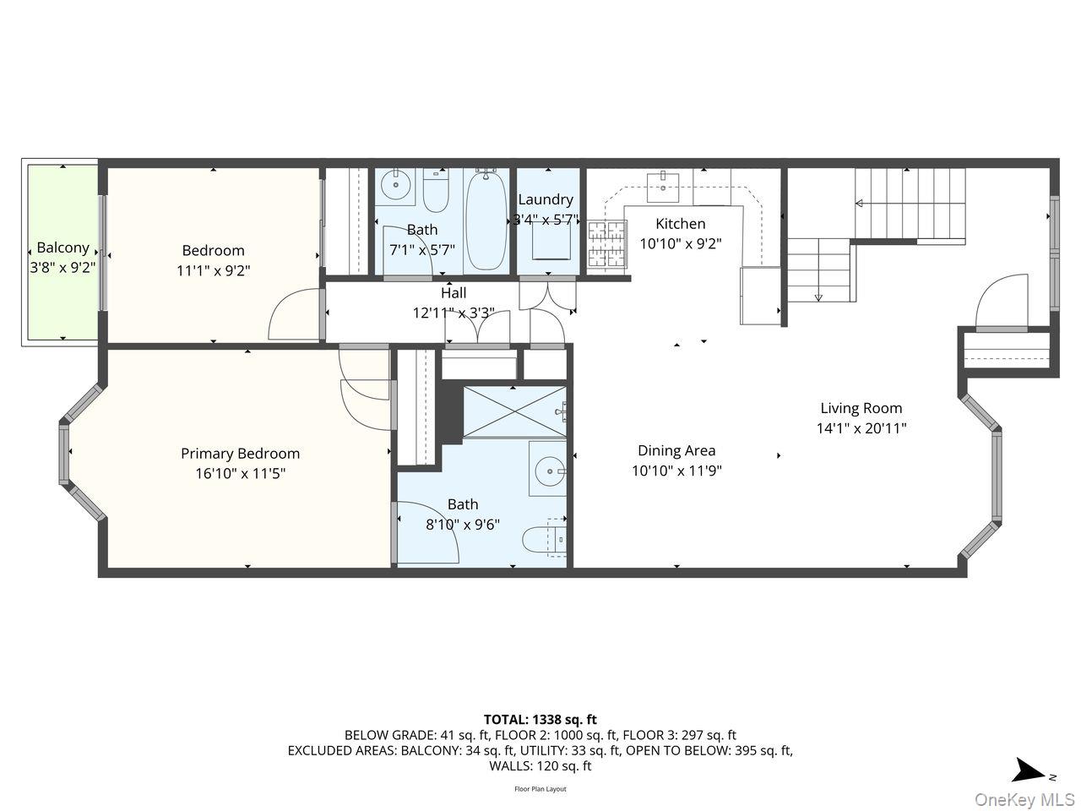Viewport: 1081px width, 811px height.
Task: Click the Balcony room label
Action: click(x=62, y=248)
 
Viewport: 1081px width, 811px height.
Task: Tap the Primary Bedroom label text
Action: click(x=240, y=454)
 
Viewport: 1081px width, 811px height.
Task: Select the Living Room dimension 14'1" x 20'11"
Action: click(x=861, y=428)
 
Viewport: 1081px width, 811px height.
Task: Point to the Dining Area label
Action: click(x=676, y=451)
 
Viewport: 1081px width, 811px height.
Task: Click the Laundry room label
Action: click(x=546, y=200)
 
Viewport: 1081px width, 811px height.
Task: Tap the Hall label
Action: click(x=454, y=293)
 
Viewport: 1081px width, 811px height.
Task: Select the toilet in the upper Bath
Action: click(x=436, y=193)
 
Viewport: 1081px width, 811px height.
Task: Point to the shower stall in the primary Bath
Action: click(x=513, y=412)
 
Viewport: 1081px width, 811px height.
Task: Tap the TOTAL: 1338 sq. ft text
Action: click(x=540, y=720)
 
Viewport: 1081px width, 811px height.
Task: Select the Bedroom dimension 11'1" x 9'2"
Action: click(x=214, y=270)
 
